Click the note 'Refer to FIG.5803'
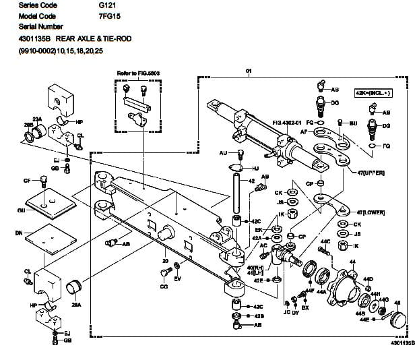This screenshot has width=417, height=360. pos(137,72)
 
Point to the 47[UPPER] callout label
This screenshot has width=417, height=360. pos(371,172)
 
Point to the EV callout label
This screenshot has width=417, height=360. pos(178,278)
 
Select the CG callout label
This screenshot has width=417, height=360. pos(164,287)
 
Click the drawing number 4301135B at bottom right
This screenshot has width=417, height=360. pos(397,342)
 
